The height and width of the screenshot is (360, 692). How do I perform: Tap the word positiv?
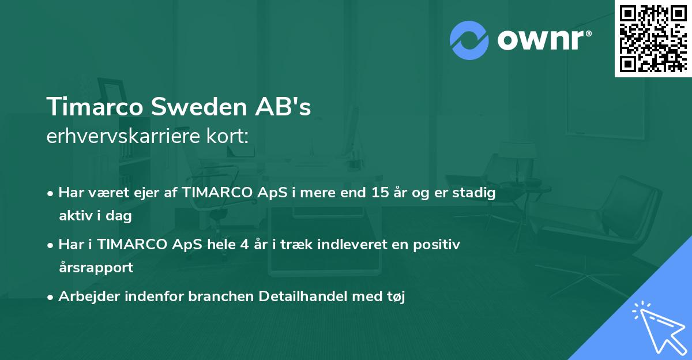pyautogui.click(x=440, y=245)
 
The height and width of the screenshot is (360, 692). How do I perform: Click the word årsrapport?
pyautogui.click(x=96, y=268)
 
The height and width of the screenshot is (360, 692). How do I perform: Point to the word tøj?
pyautogui.click(x=396, y=298)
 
